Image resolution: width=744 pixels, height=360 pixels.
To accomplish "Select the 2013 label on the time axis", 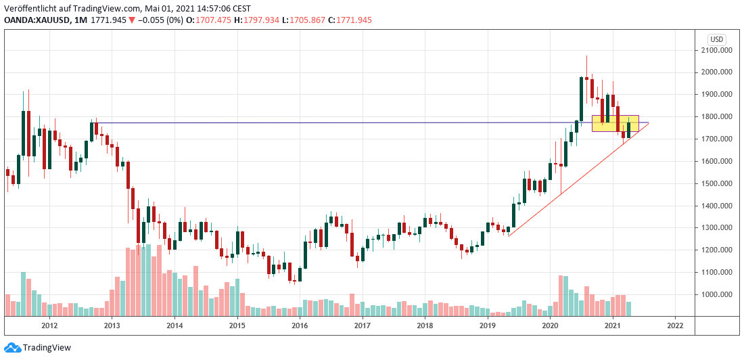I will [112, 325].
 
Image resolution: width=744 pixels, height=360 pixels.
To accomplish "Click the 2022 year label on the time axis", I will [675, 325].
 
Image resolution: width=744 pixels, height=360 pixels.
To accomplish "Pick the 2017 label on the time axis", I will [363, 325].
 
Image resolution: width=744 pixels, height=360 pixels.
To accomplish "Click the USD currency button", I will [717, 39].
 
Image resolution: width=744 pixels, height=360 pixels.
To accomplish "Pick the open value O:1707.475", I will [209, 20].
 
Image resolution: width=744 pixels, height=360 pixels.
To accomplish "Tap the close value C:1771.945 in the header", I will [350, 20].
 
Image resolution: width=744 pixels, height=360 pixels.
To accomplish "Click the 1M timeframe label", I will [80, 20].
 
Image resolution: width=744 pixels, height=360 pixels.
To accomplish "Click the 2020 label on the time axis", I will [550, 325].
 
